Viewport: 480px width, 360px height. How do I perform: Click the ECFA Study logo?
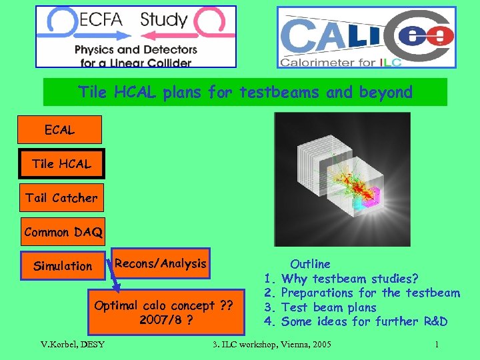coord(136,37)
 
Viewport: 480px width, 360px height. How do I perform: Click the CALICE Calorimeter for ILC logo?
coord(366,37)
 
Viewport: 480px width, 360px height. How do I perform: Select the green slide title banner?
coord(245,92)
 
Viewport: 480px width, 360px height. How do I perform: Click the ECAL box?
coord(60,130)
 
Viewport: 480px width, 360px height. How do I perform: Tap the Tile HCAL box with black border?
coord(61,164)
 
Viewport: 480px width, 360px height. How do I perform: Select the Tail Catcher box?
coord(61,198)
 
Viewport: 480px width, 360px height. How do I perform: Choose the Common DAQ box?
coord(63,232)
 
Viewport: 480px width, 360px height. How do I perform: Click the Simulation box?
coord(63,266)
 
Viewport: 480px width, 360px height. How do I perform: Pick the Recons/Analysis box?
coord(161,263)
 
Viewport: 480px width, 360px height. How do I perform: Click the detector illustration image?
coord(343,179)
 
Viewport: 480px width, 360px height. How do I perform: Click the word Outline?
coord(310,264)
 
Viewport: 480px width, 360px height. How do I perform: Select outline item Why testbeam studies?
coord(350,278)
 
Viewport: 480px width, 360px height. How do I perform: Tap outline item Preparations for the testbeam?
coord(371,293)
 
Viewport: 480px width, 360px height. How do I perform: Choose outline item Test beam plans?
coord(329,307)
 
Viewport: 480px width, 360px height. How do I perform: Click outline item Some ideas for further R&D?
coord(364,322)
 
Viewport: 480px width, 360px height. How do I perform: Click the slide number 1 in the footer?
coord(436,345)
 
